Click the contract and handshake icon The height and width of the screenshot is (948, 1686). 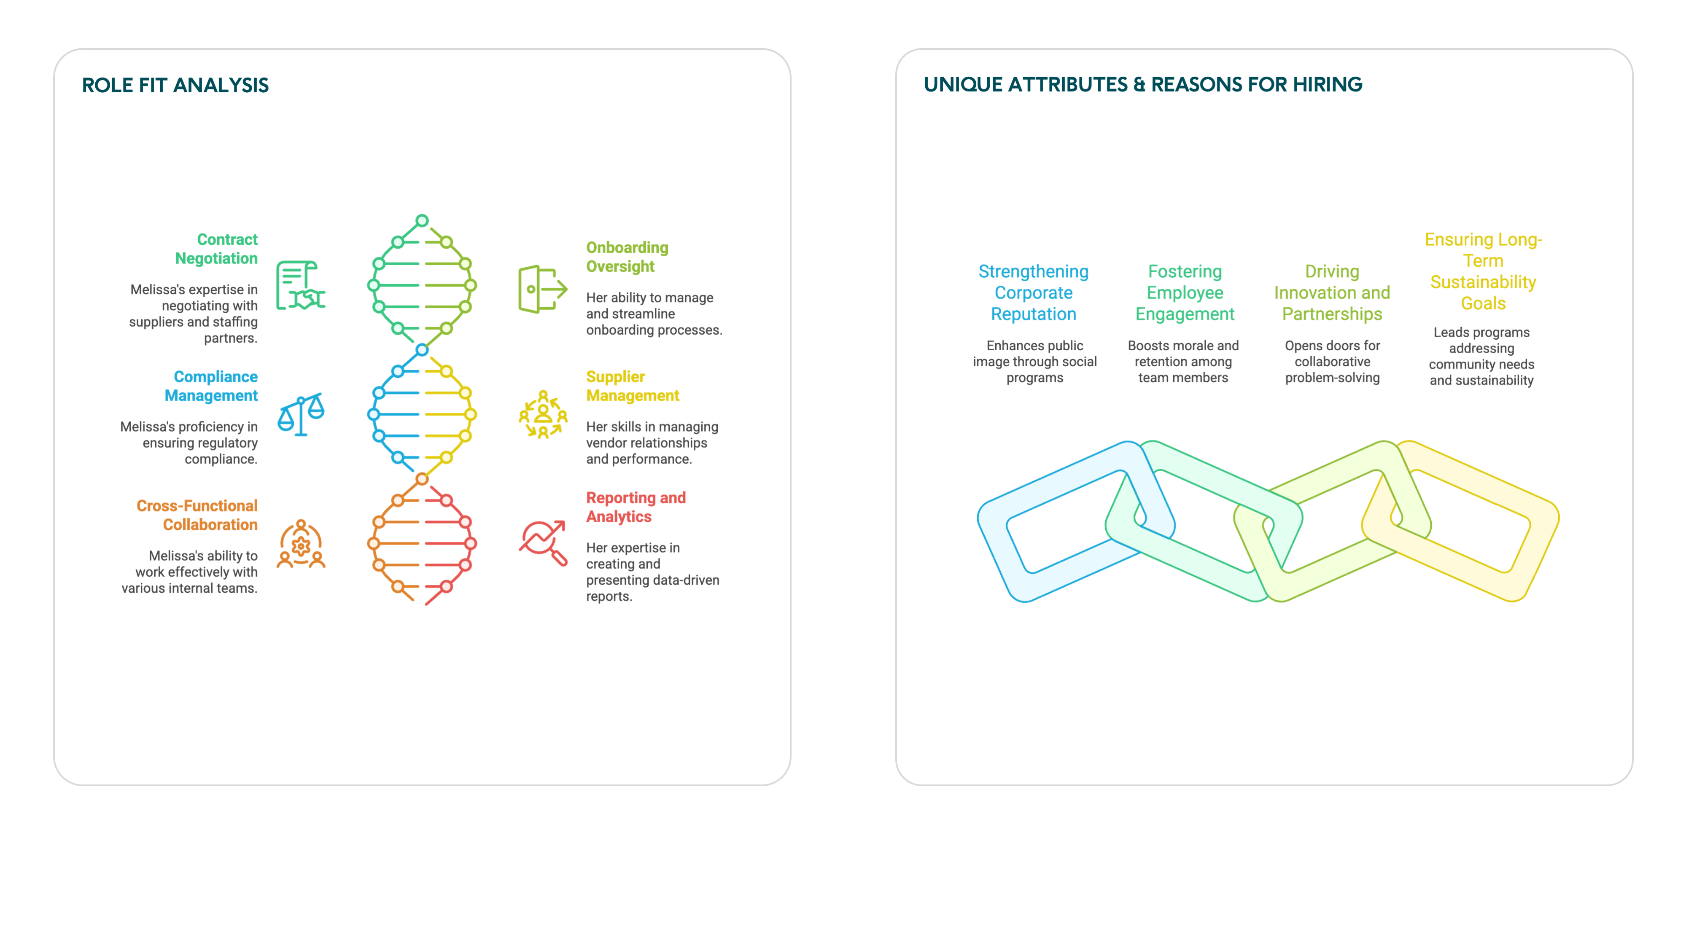(x=300, y=285)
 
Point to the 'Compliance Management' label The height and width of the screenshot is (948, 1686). (x=211, y=386)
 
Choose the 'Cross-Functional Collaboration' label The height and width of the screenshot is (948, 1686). (x=197, y=515)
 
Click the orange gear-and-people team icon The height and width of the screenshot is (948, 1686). (x=300, y=544)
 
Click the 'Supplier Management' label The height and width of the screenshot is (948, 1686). (x=632, y=386)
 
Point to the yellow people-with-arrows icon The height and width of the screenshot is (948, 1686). (x=543, y=415)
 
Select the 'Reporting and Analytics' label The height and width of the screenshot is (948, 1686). (x=636, y=507)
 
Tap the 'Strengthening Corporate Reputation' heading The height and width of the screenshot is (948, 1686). (x=1034, y=293)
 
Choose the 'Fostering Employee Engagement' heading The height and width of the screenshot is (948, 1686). (x=1185, y=293)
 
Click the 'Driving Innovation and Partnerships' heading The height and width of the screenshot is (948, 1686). (x=1332, y=293)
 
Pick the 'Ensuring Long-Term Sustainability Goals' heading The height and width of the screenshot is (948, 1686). (x=1483, y=271)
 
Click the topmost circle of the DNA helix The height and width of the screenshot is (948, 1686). (x=422, y=220)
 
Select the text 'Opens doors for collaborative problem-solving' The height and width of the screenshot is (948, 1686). (x=1332, y=362)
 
